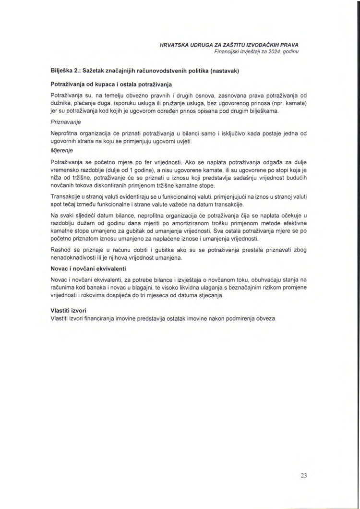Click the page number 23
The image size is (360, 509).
pyautogui.click(x=303, y=475)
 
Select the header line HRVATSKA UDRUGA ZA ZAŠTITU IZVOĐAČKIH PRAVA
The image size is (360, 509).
pyautogui.click(x=229, y=45)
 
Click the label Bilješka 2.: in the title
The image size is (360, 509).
pyautogui.click(x=65, y=71)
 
